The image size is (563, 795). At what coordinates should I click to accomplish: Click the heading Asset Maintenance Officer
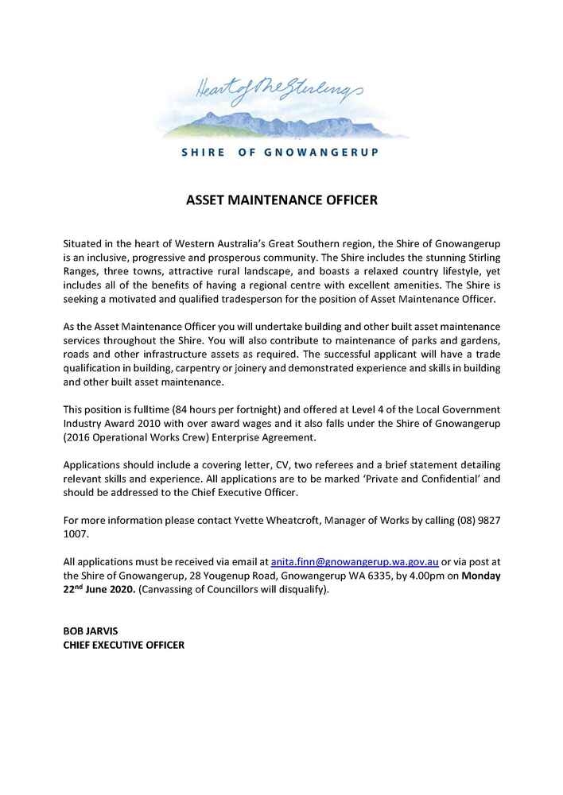pos(281,200)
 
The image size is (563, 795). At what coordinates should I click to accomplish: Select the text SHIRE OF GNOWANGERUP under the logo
pos(280,153)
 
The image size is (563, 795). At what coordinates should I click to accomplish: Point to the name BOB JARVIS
pos(91,630)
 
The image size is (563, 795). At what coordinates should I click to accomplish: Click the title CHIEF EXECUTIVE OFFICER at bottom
pos(124,645)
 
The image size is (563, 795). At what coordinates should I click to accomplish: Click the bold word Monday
pos(481,576)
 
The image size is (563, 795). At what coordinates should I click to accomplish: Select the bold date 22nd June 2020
pos(99,590)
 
